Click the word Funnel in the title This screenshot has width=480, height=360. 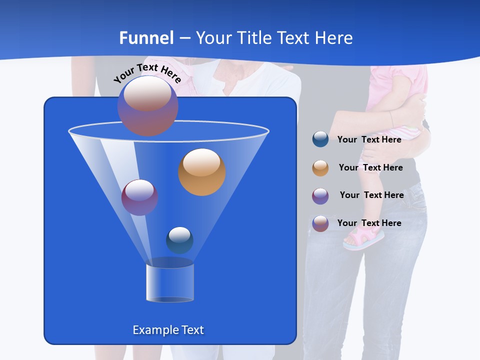tap(146, 38)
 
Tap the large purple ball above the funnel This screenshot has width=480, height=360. tap(147, 105)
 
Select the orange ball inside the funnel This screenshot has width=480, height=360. tap(202, 172)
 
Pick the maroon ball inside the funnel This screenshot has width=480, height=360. tap(139, 197)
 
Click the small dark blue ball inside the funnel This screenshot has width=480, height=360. tap(179, 240)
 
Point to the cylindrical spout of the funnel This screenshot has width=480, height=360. tap(170, 282)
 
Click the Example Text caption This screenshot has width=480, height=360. tap(168, 330)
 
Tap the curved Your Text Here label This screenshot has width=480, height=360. tap(147, 73)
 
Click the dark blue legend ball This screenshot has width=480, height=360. tap(320, 139)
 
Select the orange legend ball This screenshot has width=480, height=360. tap(320, 168)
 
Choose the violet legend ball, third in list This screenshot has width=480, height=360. tap(320, 196)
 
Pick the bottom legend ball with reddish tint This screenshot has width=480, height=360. tap(320, 223)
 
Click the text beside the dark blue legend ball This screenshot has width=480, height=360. tap(369, 139)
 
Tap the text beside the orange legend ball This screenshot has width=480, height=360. tap(370, 167)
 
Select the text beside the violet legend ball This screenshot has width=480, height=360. tap(371, 195)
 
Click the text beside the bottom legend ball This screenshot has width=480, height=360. tap(369, 223)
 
